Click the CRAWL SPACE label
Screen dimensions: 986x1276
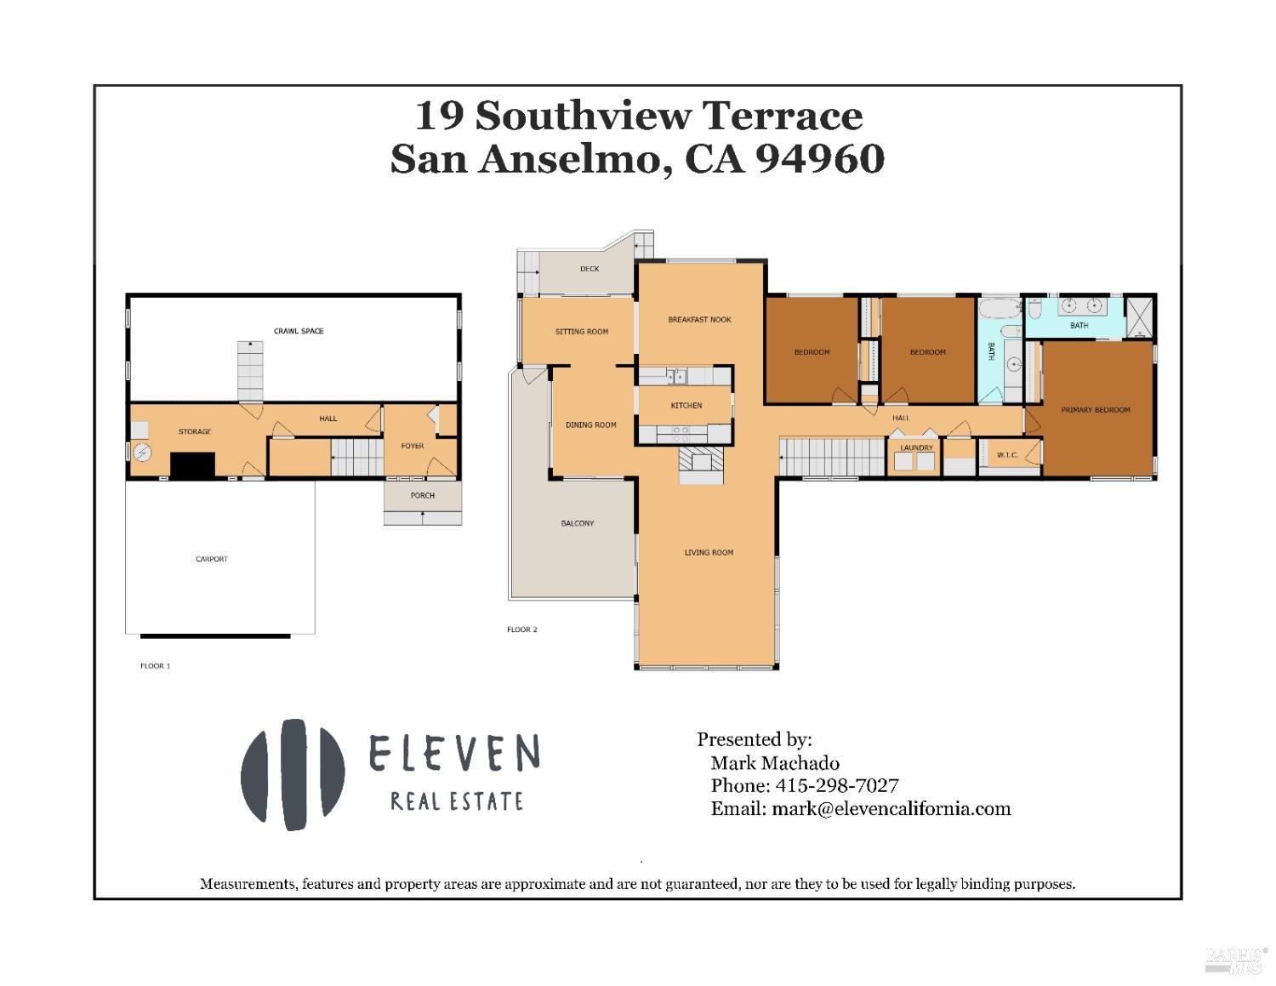(x=299, y=331)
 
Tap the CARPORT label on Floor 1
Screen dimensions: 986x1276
(x=211, y=559)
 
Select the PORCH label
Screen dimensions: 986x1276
(x=423, y=495)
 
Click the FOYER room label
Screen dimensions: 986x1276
(x=413, y=446)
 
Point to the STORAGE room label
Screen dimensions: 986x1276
(x=195, y=431)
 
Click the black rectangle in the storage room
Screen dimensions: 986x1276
(x=192, y=465)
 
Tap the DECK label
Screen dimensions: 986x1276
(x=590, y=269)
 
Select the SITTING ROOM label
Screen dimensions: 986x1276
(x=582, y=332)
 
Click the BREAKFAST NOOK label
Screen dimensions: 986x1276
(x=699, y=320)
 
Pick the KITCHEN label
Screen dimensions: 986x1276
(x=686, y=406)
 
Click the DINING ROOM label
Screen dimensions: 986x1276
(x=591, y=425)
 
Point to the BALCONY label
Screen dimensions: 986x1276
(x=578, y=523)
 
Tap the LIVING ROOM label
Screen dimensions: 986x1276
(x=709, y=553)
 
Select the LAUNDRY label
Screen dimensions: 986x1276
(x=916, y=447)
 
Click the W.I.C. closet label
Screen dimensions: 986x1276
(x=1007, y=455)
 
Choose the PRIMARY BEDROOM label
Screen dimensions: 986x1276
(x=1096, y=410)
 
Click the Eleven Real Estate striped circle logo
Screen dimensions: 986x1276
(x=293, y=778)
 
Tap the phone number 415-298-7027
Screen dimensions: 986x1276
(x=835, y=785)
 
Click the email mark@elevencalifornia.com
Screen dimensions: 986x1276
(x=891, y=808)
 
